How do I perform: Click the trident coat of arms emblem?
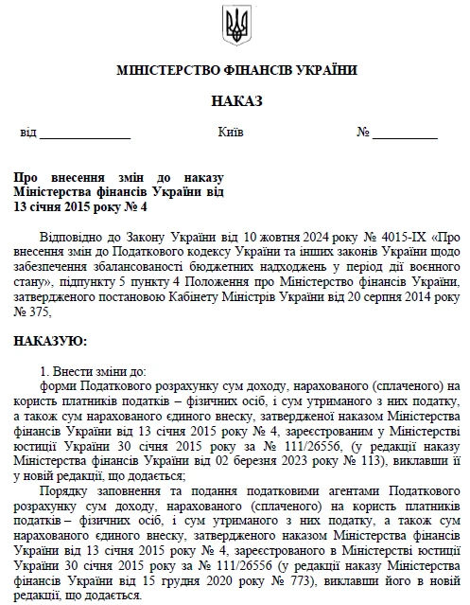(x=235, y=26)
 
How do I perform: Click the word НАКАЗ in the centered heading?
(x=235, y=100)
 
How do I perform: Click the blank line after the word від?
(x=84, y=134)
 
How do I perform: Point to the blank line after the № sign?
(x=409, y=134)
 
